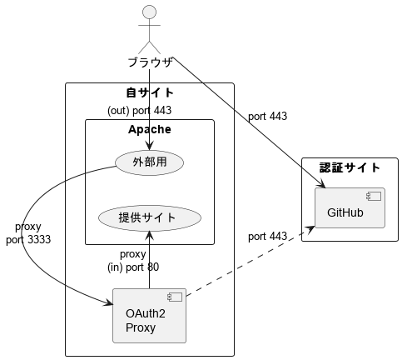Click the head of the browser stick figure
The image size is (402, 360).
(150, 12)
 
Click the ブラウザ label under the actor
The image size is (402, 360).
(150, 62)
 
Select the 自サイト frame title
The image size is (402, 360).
(150, 92)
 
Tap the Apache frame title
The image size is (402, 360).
(150, 129)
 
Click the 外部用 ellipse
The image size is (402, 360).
(150, 162)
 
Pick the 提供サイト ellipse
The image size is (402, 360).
(150, 217)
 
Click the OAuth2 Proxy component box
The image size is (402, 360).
(149, 315)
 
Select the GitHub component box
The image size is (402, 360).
(350, 208)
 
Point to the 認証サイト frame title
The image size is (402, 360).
(350, 168)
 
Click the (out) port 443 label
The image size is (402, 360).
(140, 110)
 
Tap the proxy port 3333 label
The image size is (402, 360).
(28, 233)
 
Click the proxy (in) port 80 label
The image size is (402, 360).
(133, 261)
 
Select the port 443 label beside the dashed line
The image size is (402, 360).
(267, 237)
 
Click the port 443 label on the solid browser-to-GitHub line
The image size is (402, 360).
(267, 117)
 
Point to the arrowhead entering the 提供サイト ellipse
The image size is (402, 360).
(150, 234)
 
